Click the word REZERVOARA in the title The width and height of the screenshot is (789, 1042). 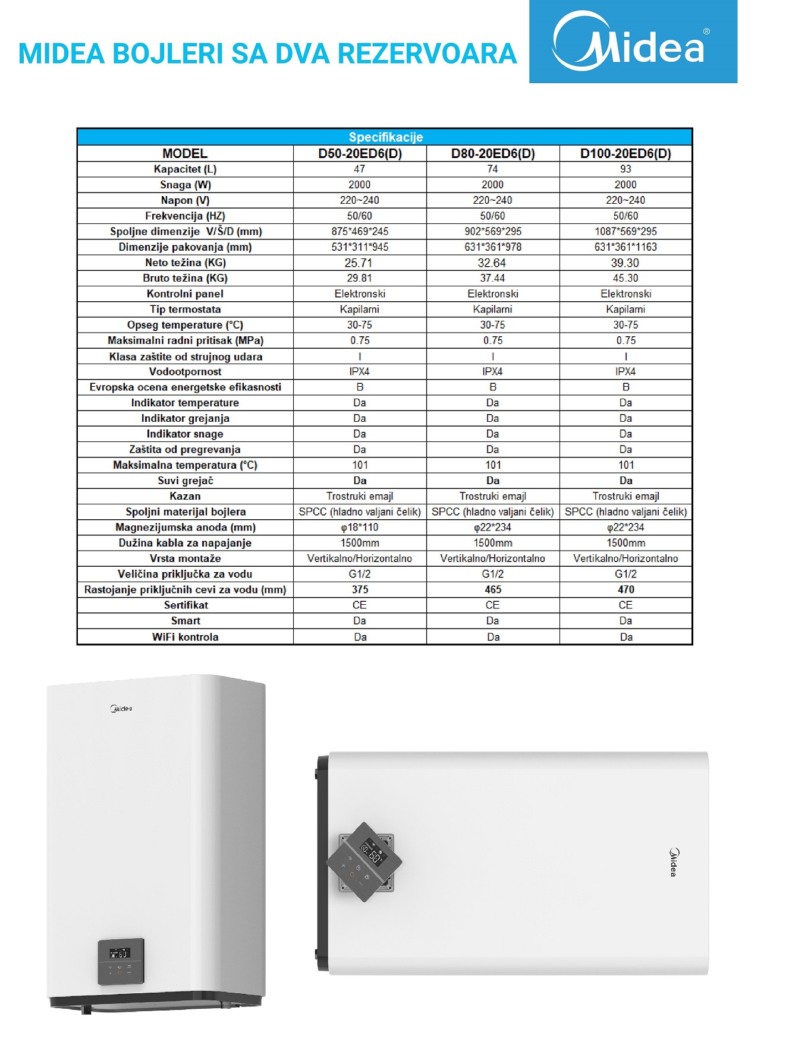pos(427,54)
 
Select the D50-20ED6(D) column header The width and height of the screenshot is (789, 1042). pos(360,153)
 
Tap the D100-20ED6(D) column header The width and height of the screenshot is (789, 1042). pos(625,153)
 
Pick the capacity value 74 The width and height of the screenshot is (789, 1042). pos(492,169)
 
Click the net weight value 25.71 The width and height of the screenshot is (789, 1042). pos(359,263)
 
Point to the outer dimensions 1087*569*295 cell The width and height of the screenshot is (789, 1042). pos(625,232)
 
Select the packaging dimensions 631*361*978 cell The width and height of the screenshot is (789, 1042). pos(492,247)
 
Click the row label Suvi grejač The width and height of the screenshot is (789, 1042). pos(185,481)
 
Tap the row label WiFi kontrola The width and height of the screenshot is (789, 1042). pos(185,637)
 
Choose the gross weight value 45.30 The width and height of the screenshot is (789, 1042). pos(625,278)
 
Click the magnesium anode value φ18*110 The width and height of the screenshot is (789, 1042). pos(359,528)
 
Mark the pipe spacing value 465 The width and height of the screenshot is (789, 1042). pos(493,589)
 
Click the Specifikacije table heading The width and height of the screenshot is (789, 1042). pos(385,137)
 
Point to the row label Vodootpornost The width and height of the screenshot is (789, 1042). pos(185,372)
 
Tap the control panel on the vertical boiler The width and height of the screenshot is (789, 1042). pos(121,962)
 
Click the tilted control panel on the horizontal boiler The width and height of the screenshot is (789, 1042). pos(364,861)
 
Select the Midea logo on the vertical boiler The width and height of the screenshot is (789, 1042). pos(121,709)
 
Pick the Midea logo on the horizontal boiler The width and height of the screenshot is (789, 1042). pos(674,862)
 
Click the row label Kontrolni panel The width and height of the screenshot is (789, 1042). pos(185,293)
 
